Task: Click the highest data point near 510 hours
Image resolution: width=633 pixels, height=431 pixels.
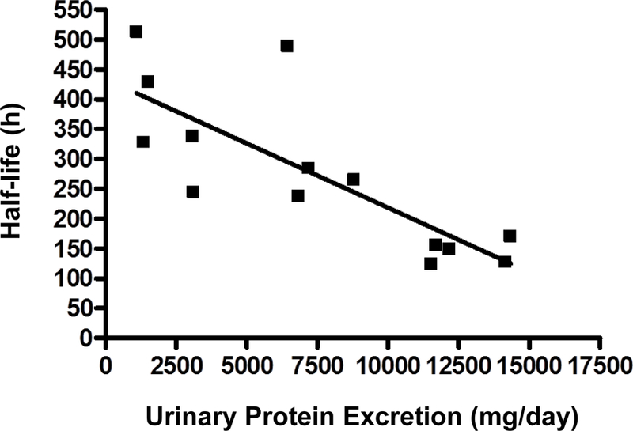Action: [x=136, y=32]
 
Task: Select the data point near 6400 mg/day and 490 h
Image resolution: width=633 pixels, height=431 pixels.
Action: [x=286, y=46]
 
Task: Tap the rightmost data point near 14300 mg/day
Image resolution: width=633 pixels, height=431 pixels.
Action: [x=510, y=236]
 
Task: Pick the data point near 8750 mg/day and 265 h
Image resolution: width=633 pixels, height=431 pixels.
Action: [x=353, y=180]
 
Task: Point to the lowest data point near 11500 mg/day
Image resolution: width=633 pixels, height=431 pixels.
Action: [x=430, y=263]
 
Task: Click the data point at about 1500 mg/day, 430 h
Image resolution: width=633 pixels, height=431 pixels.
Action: [x=147, y=81]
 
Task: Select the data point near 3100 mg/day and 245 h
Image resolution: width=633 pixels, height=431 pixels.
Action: [x=192, y=192]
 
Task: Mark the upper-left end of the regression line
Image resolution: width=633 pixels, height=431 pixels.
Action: [x=136, y=93]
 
